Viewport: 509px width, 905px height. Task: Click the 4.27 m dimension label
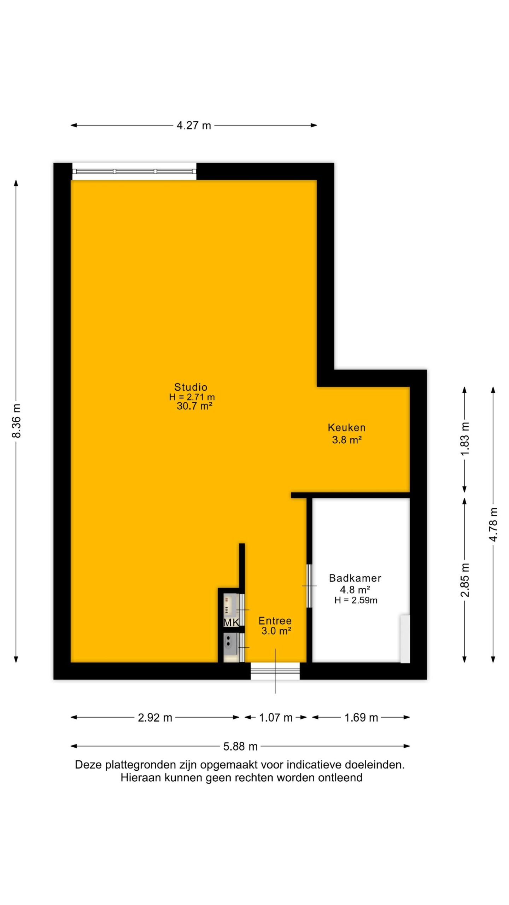pyautogui.click(x=194, y=125)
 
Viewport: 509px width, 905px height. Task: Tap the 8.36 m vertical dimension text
pyautogui.click(x=16, y=420)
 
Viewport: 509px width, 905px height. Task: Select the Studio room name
pyautogui.click(x=191, y=387)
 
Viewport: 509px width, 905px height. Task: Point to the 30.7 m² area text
pyautogui.click(x=194, y=406)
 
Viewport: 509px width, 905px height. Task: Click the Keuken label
pyautogui.click(x=346, y=427)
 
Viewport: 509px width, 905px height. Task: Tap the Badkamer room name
pyautogui.click(x=355, y=578)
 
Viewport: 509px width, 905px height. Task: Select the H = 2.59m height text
pyautogui.click(x=356, y=600)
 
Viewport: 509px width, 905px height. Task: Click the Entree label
pyautogui.click(x=275, y=620)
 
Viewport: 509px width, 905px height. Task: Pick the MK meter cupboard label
pyautogui.click(x=232, y=623)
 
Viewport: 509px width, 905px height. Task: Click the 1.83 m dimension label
pyautogui.click(x=465, y=438)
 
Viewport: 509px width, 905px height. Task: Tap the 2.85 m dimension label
pyautogui.click(x=465, y=580)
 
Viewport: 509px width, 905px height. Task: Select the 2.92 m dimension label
pyautogui.click(x=155, y=718)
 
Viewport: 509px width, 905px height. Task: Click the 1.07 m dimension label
pyautogui.click(x=276, y=718)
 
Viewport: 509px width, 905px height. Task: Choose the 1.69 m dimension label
pyautogui.click(x=361, y=718)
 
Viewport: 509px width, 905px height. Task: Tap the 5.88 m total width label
pyautogui.click(x=240, y=747)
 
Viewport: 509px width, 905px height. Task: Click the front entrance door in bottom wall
pyautogui.click(x=275, y=671)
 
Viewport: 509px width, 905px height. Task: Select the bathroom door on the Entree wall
pyautogui.click(x=309, y=586)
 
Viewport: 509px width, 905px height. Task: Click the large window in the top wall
pyautogui.click(x=134, y=171)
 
